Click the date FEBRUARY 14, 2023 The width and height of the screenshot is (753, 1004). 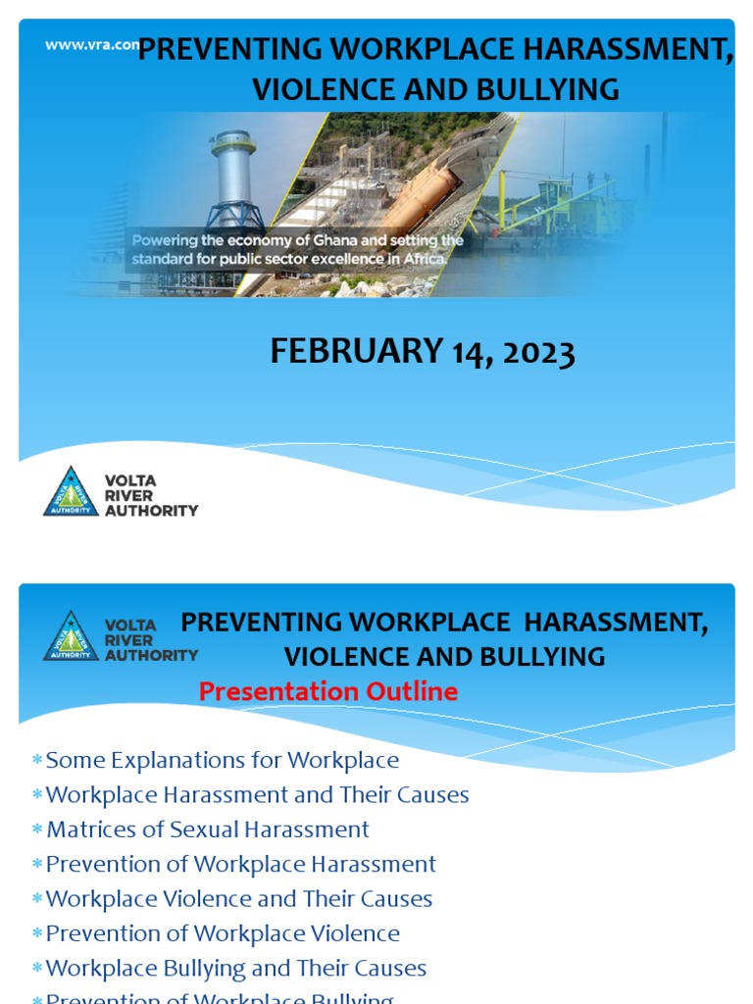422,351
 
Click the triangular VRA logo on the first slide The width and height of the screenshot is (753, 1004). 71,492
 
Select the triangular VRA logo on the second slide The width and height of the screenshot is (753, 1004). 71,636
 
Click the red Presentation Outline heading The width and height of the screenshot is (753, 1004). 327,691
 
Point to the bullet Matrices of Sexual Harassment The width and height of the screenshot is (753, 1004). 208,829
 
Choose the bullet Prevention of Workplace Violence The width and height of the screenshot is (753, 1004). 223,933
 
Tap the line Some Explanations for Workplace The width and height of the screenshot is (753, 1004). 222,760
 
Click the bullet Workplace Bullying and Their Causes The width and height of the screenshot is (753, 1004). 235,969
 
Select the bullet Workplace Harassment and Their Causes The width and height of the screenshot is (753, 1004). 257,795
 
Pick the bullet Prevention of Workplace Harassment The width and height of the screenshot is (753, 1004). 240,865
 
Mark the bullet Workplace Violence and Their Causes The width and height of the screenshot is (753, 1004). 238,899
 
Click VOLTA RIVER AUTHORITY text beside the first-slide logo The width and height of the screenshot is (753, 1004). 150,495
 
